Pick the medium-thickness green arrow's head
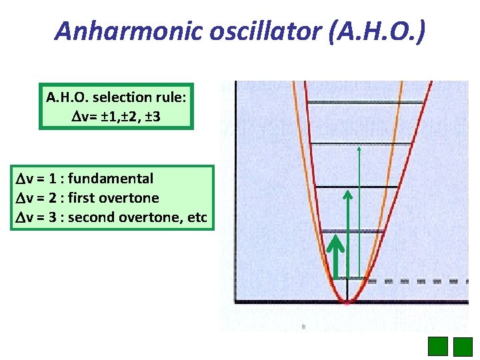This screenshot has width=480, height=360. tap(347, 195)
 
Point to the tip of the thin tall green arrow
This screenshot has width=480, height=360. tap(359, 148)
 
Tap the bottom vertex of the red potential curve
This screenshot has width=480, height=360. tap(347, 301)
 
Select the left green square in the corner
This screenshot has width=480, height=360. tap(437, 347)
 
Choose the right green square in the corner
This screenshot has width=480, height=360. tap(463, 347)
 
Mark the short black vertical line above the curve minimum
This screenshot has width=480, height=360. tap(347, 291)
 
